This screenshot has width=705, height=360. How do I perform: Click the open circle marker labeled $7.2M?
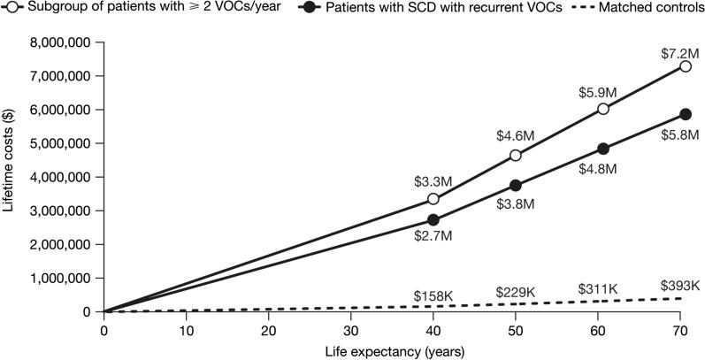[x=685, y=66]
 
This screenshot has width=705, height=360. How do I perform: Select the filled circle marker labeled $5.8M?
[x=685, y=114]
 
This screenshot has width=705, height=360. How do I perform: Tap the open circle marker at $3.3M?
[x=433, y=199]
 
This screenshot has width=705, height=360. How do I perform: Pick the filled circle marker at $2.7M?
[x=433, y=219]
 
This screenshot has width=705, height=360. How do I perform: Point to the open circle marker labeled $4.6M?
[x=515, y=156]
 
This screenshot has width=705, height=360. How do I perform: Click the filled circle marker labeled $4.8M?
[x=602, y=149]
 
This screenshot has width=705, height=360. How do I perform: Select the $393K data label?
[x=679, y=285]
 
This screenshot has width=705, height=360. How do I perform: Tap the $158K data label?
[x=433, y=295]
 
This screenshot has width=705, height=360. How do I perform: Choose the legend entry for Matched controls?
[x=646, y=9]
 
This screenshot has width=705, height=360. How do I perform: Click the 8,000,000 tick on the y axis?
[x=64, y=42]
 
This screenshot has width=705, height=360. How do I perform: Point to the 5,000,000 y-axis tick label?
[x=64, y=143]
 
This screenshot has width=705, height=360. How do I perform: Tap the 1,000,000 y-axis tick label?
[x=64, y=278]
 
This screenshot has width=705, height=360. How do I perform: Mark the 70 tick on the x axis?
[x=679, y=329]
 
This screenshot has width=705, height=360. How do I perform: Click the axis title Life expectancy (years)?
[x=392, y=350]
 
